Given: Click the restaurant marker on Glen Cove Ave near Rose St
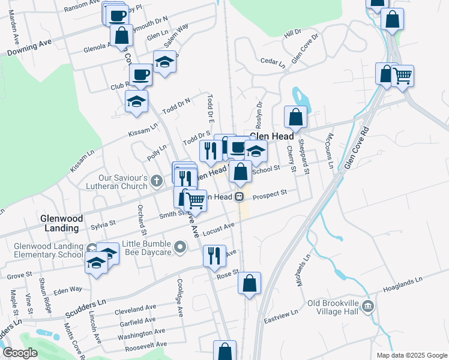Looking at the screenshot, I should pos(214,256).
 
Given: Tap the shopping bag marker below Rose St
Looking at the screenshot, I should pos(250,283).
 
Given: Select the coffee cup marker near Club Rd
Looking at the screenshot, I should pos(140,75).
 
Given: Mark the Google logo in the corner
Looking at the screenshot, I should pos(20,353).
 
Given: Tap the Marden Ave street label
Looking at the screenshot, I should pos(11,29).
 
